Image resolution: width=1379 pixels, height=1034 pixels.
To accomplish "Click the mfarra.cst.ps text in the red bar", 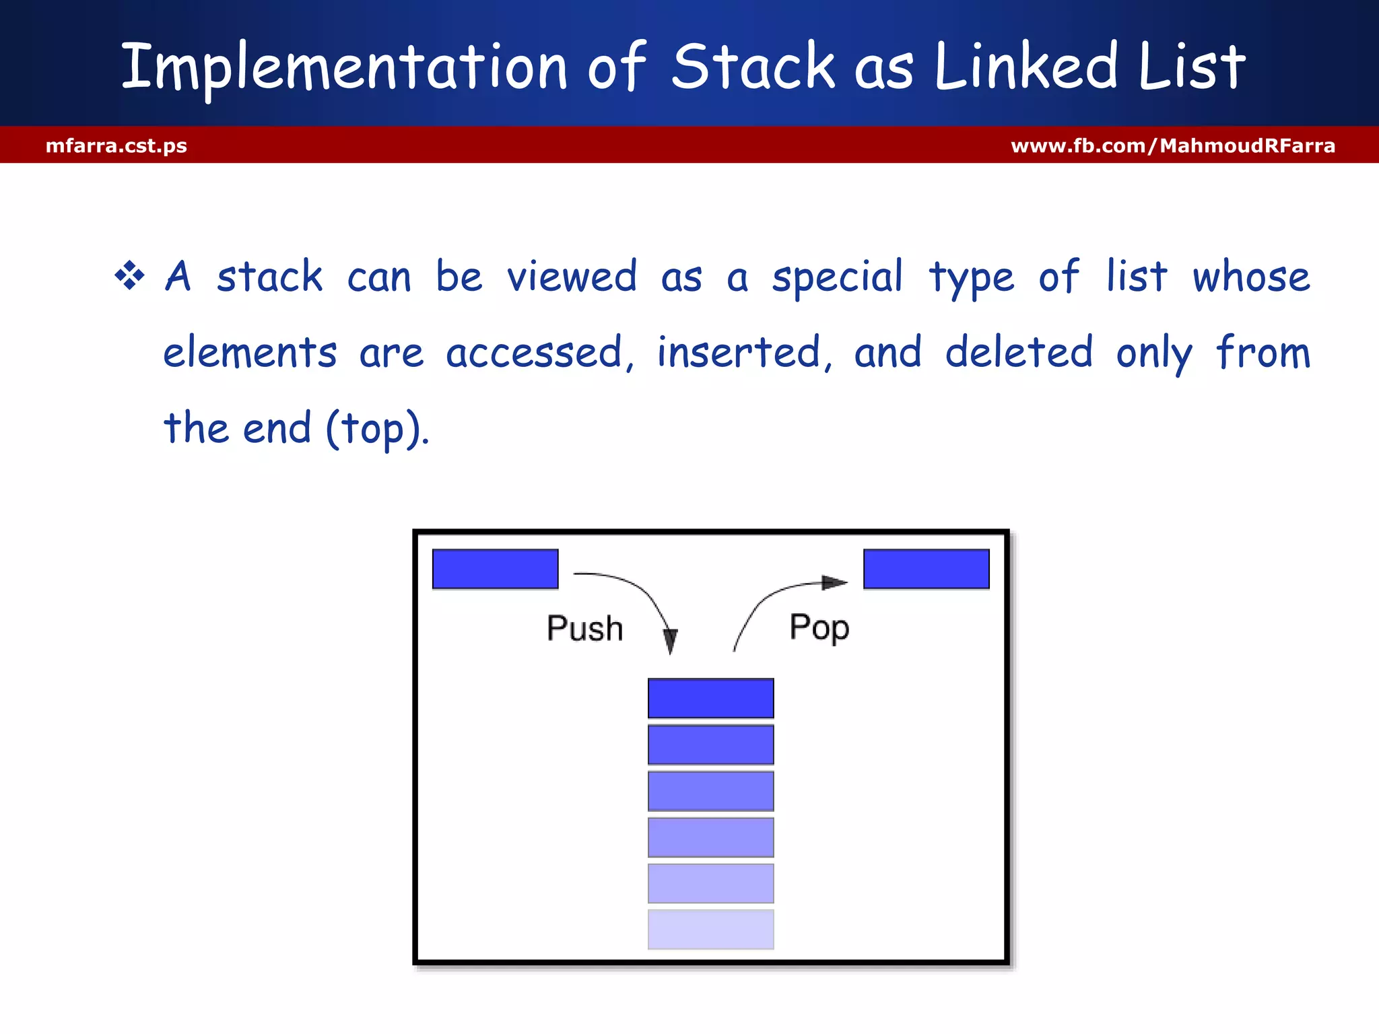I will [x=116, y=145].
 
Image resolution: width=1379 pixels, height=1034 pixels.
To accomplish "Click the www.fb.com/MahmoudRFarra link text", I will [x=1172, y=145].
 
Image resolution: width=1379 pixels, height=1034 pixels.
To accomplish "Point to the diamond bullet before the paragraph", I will [x=129, y=276].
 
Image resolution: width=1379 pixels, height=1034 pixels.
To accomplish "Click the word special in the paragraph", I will [x=837, y=277].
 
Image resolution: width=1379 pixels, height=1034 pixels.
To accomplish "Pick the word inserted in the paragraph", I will [x=739, y=352].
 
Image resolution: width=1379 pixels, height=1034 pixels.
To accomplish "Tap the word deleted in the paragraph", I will [x=1018, y=352].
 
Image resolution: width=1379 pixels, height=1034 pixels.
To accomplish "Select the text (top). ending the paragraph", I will [x=377, y=428].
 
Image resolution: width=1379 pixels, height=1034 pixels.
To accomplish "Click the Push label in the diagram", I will [x=584, y=628].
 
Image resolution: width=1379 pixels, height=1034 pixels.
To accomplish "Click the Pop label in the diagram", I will [x=819, y=627].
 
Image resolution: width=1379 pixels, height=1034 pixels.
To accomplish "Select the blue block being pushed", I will [x=495, y=569].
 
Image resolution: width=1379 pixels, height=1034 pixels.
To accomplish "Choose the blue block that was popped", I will [x=926, y=569].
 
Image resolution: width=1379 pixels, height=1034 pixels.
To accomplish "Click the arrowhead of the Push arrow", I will [x=670, y=641].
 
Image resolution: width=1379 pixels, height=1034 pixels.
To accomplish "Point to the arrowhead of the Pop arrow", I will [x=835, y=583].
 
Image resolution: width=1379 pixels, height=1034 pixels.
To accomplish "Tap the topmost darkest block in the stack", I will [x=710, y=698].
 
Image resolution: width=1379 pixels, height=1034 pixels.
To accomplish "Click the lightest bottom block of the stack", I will [x=710, y=929].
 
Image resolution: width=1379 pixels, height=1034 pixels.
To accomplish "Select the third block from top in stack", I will [x=710, y=791].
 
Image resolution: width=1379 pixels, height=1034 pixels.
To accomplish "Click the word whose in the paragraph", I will [x=1251, y=277].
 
